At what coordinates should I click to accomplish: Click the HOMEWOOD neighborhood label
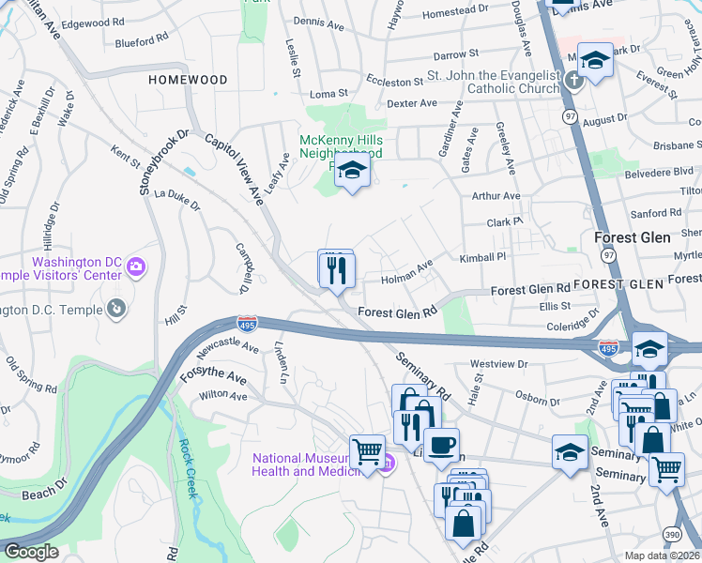coord(188,81)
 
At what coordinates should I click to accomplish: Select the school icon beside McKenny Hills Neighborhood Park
coord(352,172)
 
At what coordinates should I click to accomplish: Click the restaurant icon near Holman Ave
coord(335,270)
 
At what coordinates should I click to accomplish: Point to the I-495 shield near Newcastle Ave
coord(247,324)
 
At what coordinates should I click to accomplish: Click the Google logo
coord(30,552)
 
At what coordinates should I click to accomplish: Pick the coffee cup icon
coord(440,445)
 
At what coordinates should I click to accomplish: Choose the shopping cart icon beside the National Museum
coord(367,450)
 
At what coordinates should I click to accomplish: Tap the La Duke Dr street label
coord(177,199)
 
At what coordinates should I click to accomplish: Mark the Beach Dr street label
coord(44,493)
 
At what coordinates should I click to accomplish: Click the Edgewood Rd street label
coord(90,21)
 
